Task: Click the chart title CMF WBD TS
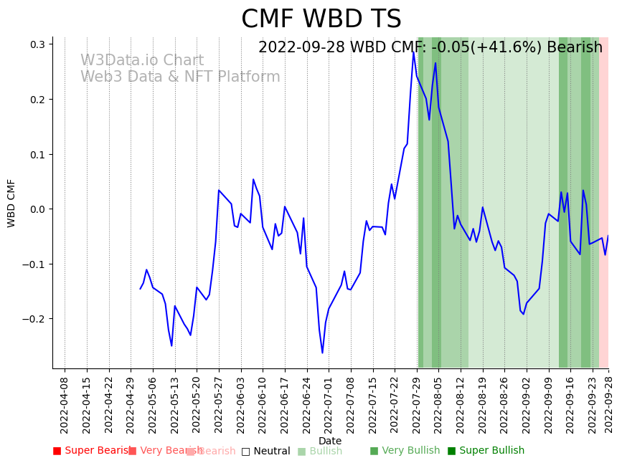[x=321, y=19]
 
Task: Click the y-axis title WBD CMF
[x=11, y=203]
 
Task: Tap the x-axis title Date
[x=330, y=441]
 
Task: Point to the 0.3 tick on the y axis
[x=37, y=44]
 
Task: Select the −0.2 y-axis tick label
[x=34, y=319]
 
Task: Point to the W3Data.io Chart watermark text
[x=142, y=61]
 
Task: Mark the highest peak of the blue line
[x=413, y=52]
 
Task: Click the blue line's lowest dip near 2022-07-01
[x=322, y=352]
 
